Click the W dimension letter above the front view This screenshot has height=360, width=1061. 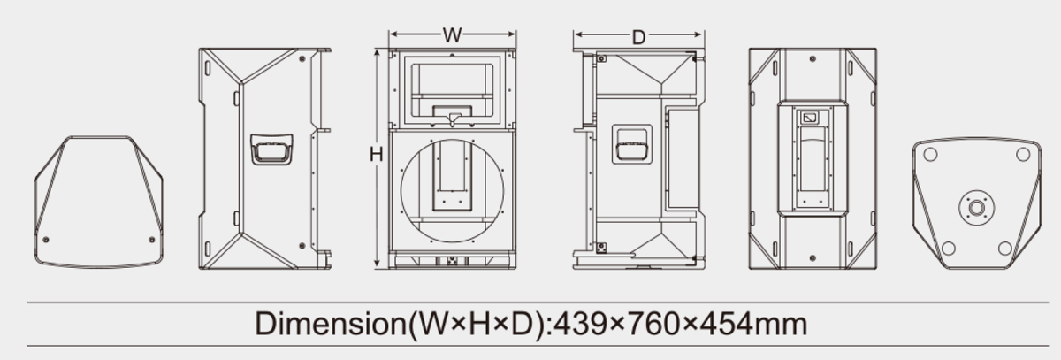coord(452,35)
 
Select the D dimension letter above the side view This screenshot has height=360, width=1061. coord(638,37)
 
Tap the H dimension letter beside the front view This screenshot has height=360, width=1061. coord(376,155)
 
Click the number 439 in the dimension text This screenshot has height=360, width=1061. coord(580,325)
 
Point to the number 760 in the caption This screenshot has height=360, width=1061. coord(653,325)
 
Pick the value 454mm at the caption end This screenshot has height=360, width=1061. coord(753,325)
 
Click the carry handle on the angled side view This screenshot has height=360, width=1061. coord(271,149)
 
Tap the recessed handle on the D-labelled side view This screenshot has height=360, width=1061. coord(632,144)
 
